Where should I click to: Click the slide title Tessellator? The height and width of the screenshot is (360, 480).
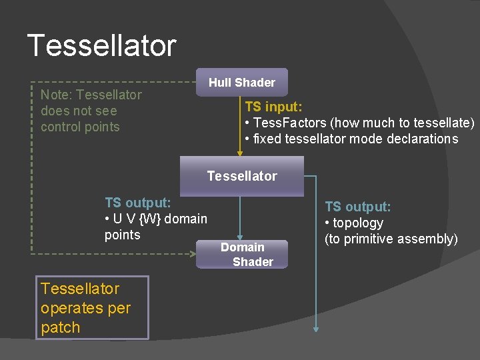101,45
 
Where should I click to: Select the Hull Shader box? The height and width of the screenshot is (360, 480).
241,83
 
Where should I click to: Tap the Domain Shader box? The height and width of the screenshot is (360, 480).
243,254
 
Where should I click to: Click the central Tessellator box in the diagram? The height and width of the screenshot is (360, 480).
241,176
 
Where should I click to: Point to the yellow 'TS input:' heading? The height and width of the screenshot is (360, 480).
274,106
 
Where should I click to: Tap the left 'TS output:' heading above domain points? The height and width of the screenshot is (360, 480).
137,202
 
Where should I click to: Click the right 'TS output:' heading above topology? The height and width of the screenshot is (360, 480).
357,207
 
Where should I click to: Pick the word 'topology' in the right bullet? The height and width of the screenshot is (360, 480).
358,223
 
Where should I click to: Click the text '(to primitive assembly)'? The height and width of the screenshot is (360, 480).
391,239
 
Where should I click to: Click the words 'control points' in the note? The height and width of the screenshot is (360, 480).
80,127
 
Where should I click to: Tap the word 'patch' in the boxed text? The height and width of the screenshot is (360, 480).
60,327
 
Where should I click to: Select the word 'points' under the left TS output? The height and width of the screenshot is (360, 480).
123,235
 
